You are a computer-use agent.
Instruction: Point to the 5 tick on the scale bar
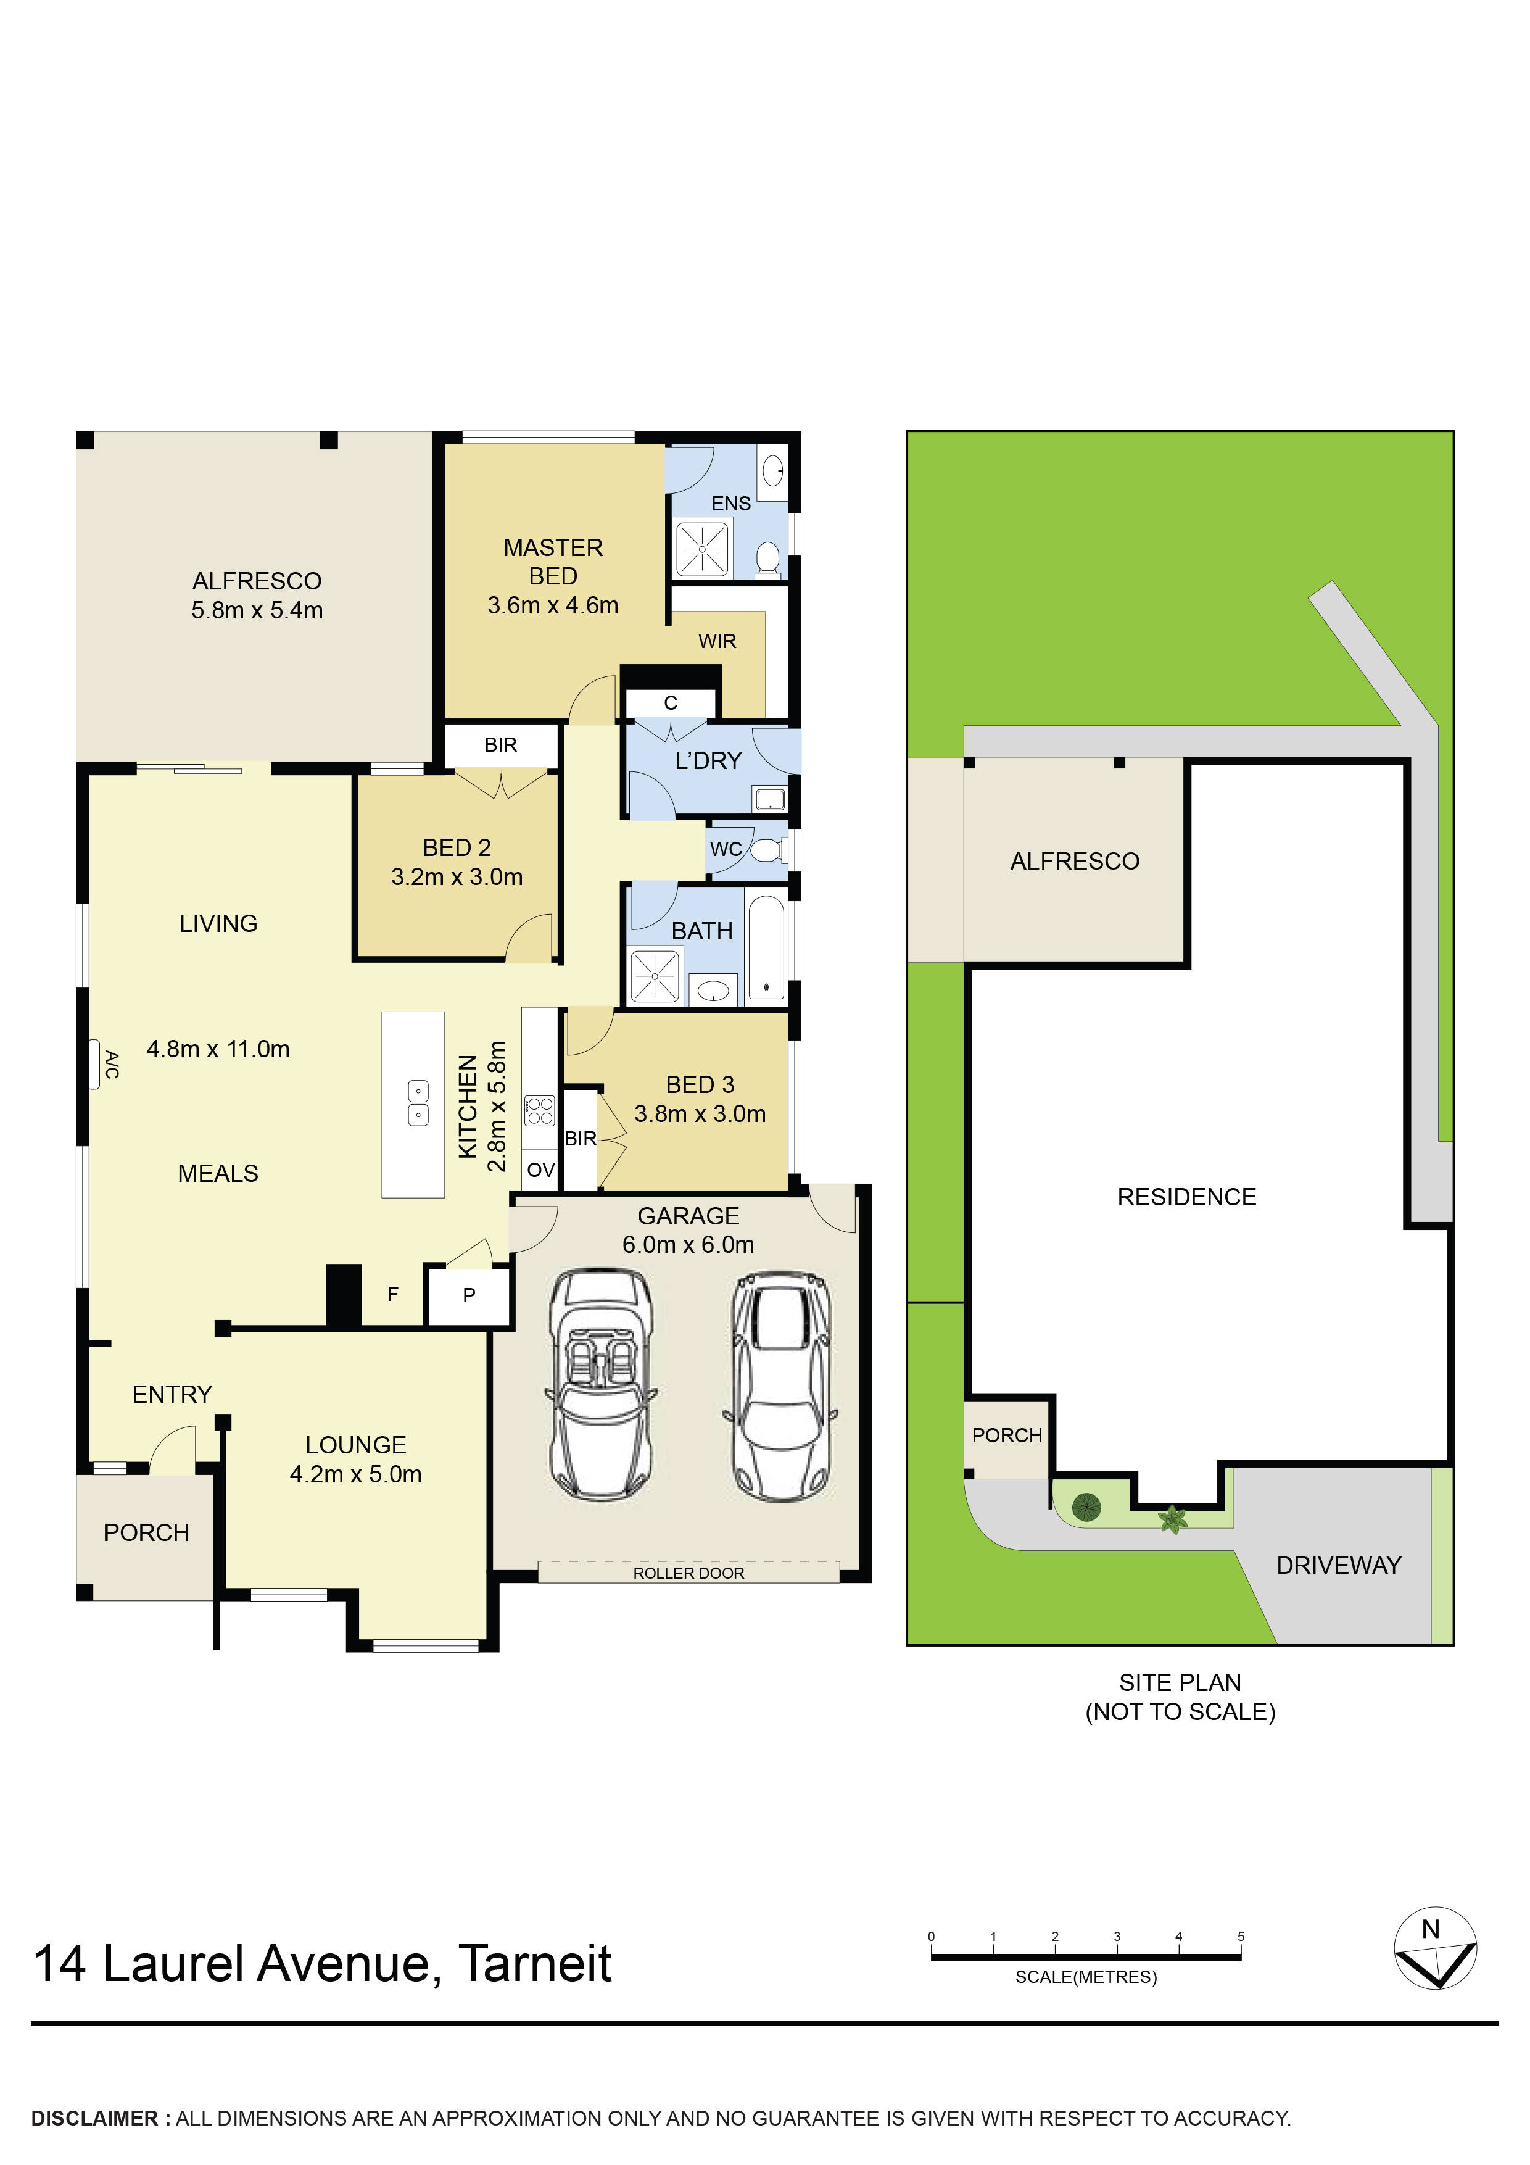click(x=1241, y=1937)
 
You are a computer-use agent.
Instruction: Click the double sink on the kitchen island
click(x=418, y=1103)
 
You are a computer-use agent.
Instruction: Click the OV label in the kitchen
click(x=540, y=1170)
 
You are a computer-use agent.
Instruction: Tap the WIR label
click(x=716, y=641)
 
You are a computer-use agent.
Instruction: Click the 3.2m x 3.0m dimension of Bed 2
click(x=457, y=877)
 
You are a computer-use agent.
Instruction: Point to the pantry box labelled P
click(x=468, y=1295)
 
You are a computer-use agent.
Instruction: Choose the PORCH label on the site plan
click(x=1007, y=1435)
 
